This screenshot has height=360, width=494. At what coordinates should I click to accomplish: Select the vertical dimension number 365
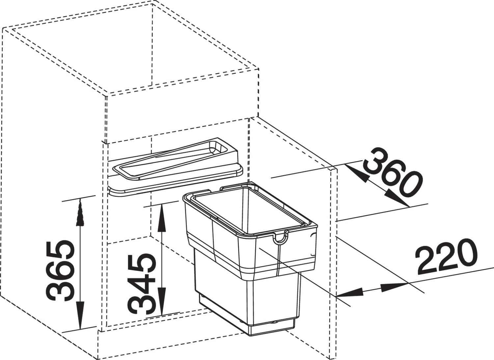[59, 271]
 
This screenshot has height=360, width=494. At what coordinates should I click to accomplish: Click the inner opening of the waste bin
[249, 212]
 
